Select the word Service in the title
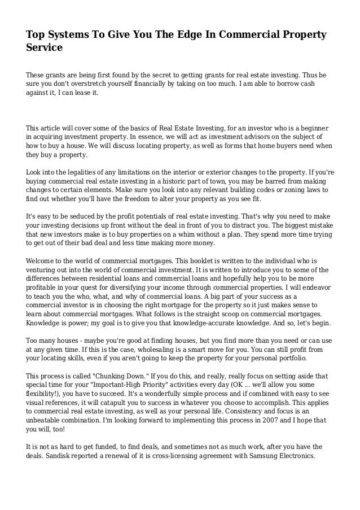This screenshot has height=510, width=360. (x=44, y=49)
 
